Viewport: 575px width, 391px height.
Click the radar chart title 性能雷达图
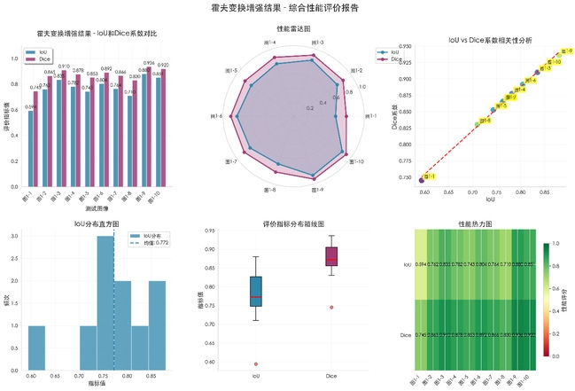(287, 28)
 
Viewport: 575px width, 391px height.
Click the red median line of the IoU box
(256, 296)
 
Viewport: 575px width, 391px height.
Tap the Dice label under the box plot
(331, 377)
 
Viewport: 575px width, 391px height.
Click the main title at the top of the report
(287, 8)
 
